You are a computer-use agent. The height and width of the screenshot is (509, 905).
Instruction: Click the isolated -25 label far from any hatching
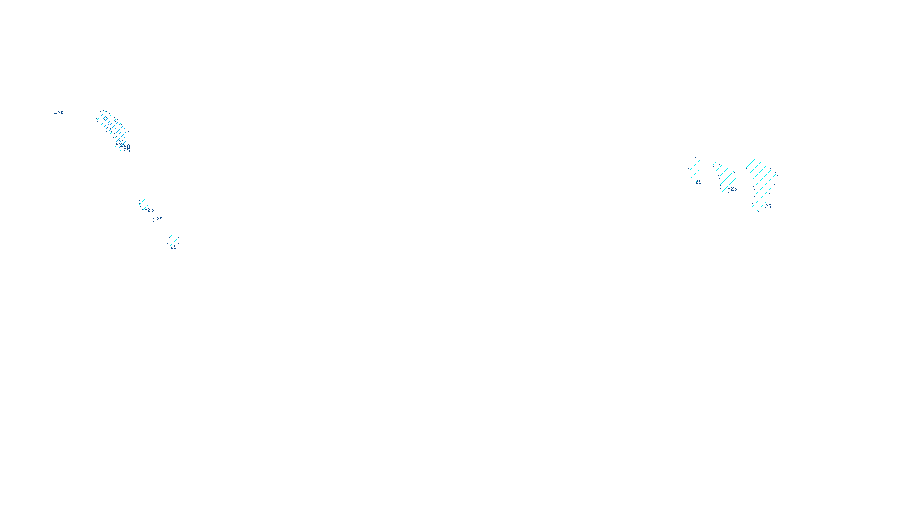pos(59,114)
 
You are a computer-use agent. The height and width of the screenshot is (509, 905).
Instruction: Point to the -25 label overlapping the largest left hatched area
pos(125,150)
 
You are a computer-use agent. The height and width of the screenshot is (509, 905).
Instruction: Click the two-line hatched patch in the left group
pos(144,203)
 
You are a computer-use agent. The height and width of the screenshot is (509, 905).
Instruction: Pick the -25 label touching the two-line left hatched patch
pos(149,210)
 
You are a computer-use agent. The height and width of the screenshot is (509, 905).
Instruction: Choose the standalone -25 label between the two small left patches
pos(158,219)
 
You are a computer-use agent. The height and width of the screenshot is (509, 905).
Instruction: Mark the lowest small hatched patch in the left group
pos(173,240)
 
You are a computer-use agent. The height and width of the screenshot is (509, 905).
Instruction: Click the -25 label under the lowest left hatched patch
pos(173,247)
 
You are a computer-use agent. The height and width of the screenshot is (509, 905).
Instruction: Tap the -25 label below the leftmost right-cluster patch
pos(697,182)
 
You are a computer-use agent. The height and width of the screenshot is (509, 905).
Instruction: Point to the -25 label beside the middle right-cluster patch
pos(733,189)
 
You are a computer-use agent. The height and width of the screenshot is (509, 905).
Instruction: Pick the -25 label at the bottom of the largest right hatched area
pos(767,206)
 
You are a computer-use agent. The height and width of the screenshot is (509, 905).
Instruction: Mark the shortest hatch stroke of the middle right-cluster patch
pos(715,165)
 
